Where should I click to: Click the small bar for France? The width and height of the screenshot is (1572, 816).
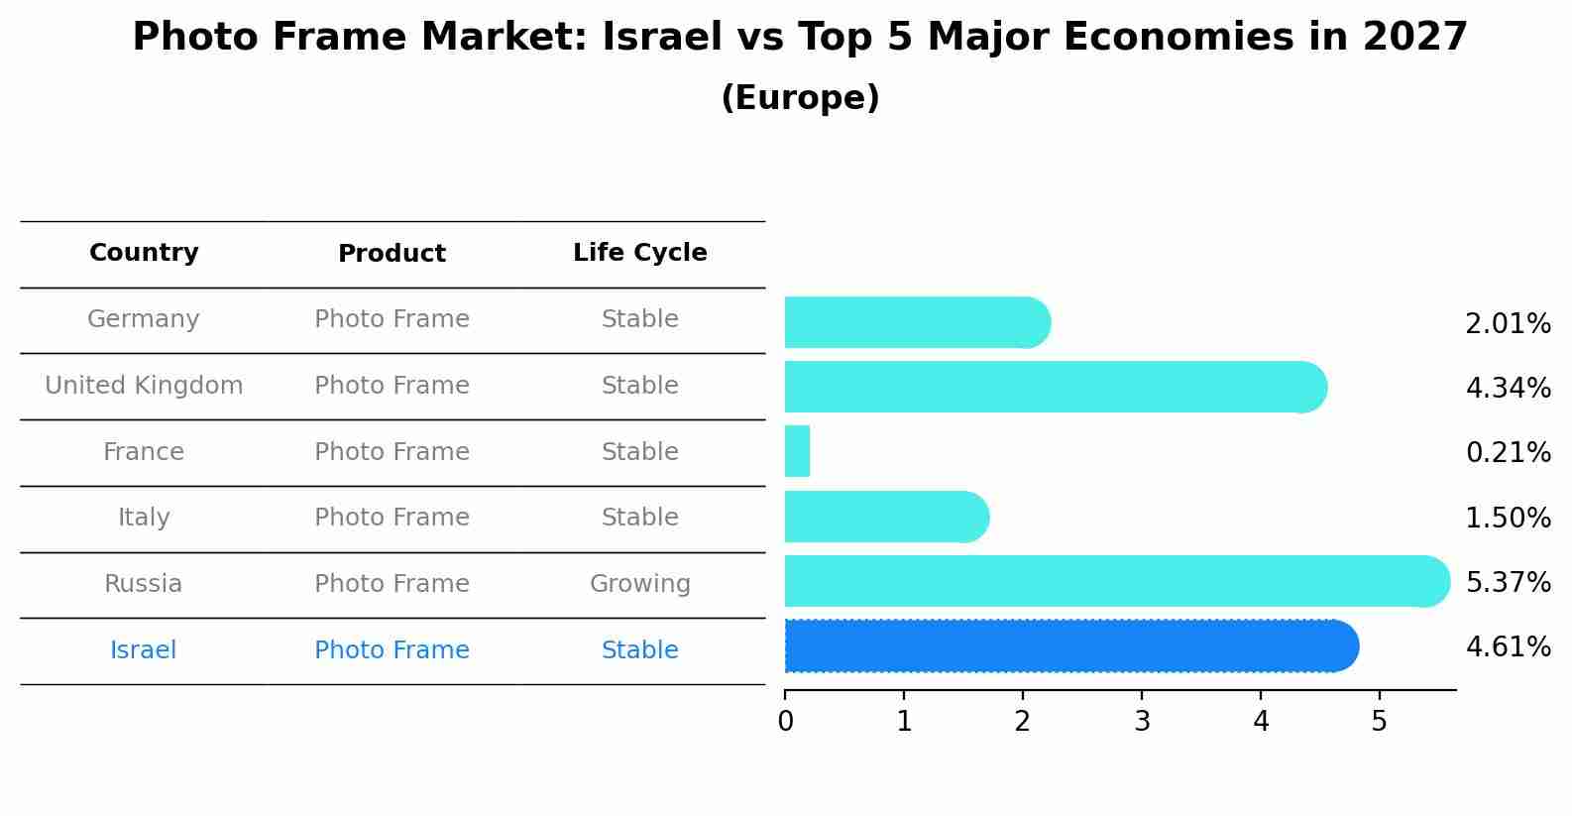pyautogui.click(x=797, y=451)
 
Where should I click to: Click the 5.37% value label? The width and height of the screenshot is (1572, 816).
pyautogui.click(x=1508, y=582)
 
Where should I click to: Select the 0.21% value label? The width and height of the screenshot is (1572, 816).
pyautogui.click(x=1508, y=453)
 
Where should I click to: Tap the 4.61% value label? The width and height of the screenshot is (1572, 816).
pyautogui.click(x=1508, y=647)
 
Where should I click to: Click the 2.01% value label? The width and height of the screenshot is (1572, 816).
pyautogui.click(x=1508, y=324)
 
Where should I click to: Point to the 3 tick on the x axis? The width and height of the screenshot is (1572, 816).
pyautogui.click(x=1142, y=721)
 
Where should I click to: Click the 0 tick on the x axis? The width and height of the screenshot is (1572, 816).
pyautogui.click(x=785, y=721)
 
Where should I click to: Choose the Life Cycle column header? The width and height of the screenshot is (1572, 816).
pyautogui.click(x=639, y=253)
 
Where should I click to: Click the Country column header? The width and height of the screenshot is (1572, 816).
pyautogui.click(x=144, y=253)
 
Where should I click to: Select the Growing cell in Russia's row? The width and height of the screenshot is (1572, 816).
pyautogui.click(x=639, y=584)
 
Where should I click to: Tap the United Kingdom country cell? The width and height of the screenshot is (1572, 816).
pyautogui.click(x=144, y=386)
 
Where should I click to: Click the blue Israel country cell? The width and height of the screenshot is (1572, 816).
pyautogui.click(x=144, y=650)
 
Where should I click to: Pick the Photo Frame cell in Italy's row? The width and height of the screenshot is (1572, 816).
pyautogui.click(x=392, y=518)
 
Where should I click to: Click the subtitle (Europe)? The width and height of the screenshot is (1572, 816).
pyautogui.click(x=800, y=98)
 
